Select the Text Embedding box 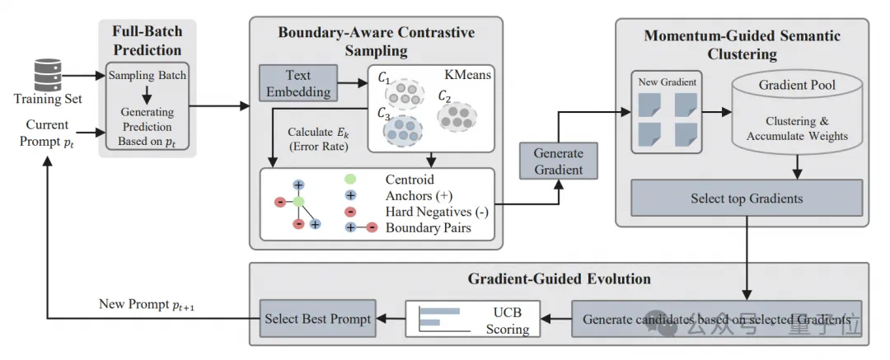[298, 83]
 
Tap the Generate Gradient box [558, 161]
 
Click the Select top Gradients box [747, 199]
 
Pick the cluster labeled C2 [456, 115]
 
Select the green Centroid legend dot [349, 180]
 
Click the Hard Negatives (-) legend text [437, 212]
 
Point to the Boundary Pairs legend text [429, 227]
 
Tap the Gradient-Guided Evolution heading [560, 278]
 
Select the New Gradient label [667, 82]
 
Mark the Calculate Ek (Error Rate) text [317, 138]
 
